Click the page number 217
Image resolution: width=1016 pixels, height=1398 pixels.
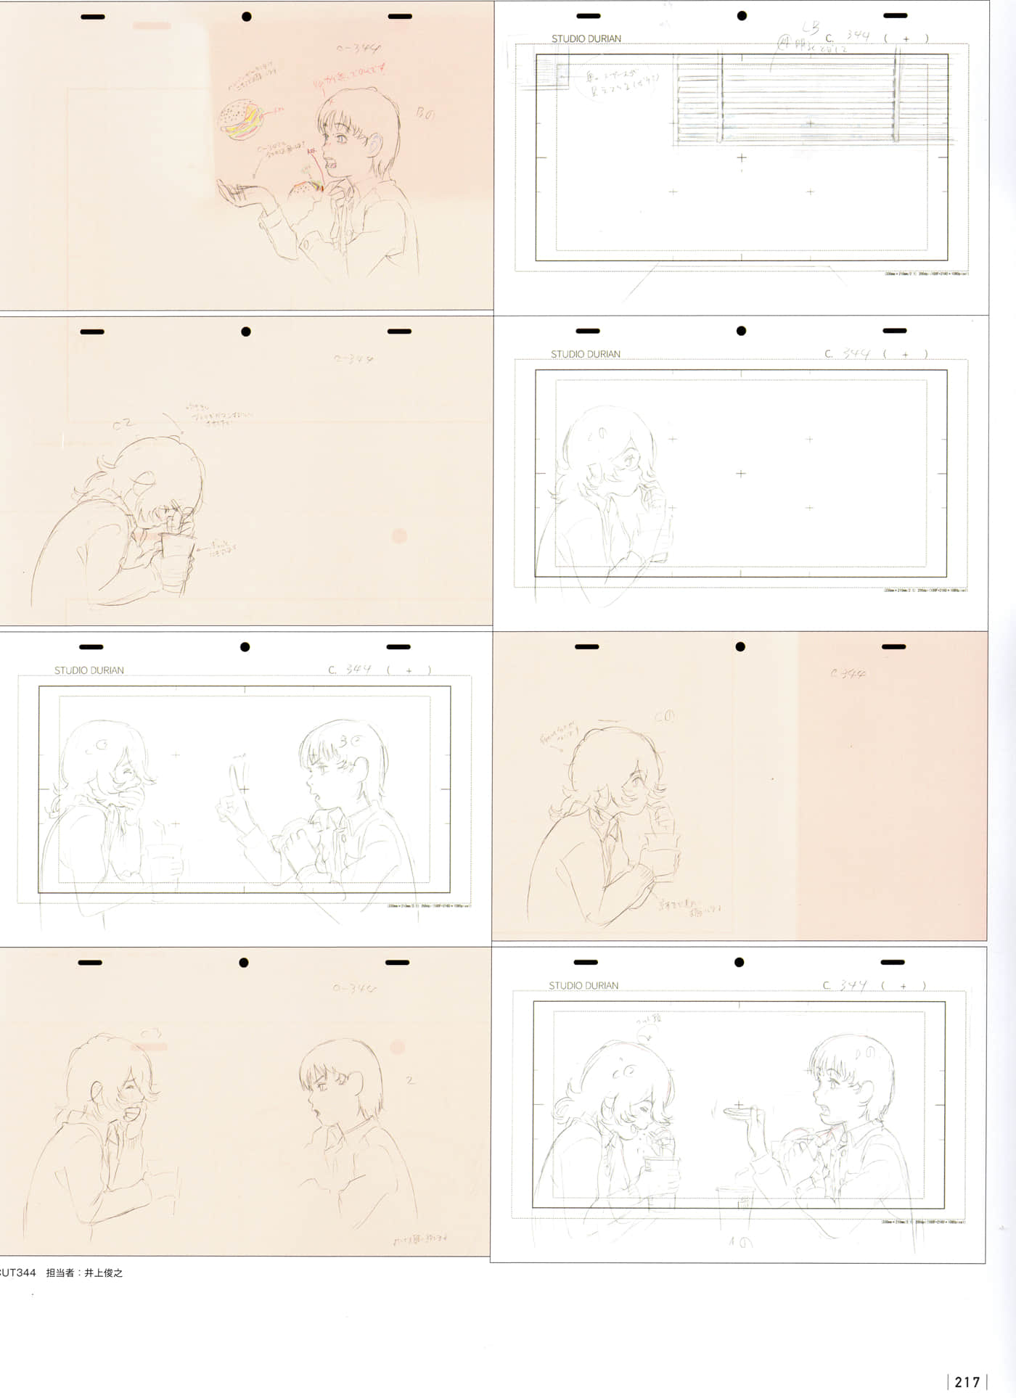pyautogui.click(x=967, y=1382)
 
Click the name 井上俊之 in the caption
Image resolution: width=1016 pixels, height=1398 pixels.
pyautogui.click(x=104, y=1272)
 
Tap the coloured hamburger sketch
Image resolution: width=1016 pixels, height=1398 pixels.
pyautogui.click(x=242, y=119)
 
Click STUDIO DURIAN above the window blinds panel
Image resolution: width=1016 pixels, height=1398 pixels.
pyautogui.click(x=586, y=38)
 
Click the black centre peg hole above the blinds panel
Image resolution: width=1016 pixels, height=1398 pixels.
pyautogui.click(x=742, y=15)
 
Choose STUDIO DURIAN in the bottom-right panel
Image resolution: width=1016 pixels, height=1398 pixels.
pyautogui.click(x=583, y=985)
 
